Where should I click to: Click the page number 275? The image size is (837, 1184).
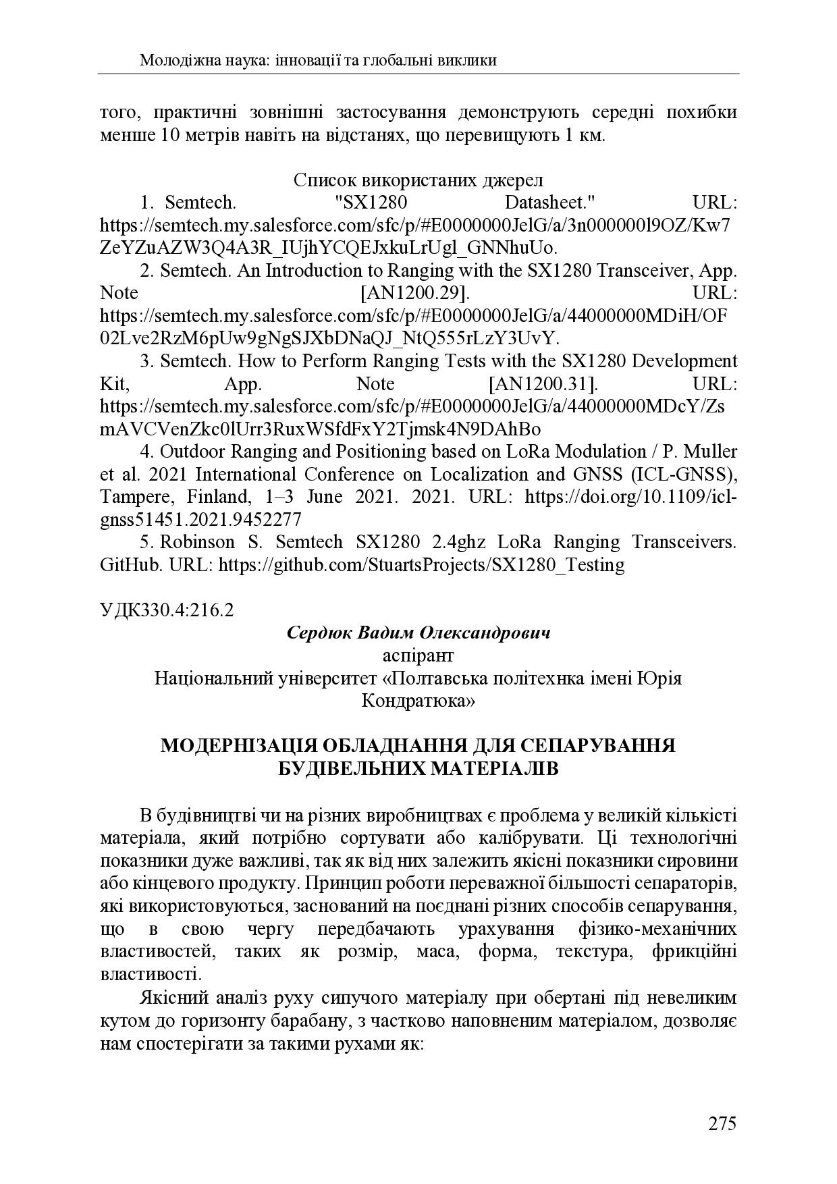click(x=722, y=1124)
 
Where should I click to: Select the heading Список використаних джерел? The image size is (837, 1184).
click(x=418, y=180)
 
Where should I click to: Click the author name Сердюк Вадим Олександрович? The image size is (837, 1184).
click(x=418, y=633)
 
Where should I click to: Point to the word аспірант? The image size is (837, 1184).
click(x=418, y=655)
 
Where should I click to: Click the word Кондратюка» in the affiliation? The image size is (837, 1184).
click(x=418, y=701)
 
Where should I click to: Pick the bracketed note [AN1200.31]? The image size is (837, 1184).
click(x=543, y=384)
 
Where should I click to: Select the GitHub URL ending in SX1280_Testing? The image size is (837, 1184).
click(x=422, y=565)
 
